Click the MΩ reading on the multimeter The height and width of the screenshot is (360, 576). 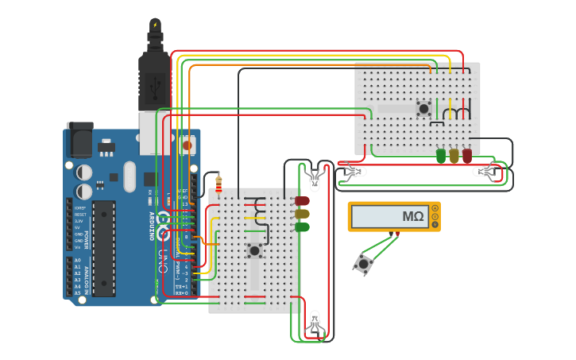(412, 216)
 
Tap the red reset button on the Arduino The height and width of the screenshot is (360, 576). (187, 145)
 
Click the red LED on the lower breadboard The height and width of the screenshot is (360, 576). (302, 201)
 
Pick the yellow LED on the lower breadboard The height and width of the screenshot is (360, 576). (302, 214)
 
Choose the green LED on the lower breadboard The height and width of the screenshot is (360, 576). (302, 226)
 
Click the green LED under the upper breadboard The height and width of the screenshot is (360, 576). (441, 156)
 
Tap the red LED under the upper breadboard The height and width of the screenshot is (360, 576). (467, 156)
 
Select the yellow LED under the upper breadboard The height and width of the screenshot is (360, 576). (454, 156)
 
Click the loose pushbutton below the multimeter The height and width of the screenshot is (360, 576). (365, 264)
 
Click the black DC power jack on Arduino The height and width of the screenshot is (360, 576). (79, 141)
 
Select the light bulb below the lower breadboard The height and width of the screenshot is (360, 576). (315, 322)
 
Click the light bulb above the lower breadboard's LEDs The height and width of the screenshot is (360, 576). (315, 180)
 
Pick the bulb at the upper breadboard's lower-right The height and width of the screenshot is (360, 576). (484, 172)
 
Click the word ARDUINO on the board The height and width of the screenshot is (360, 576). (152, 226)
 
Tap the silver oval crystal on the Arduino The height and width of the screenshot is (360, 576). (129, 177)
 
